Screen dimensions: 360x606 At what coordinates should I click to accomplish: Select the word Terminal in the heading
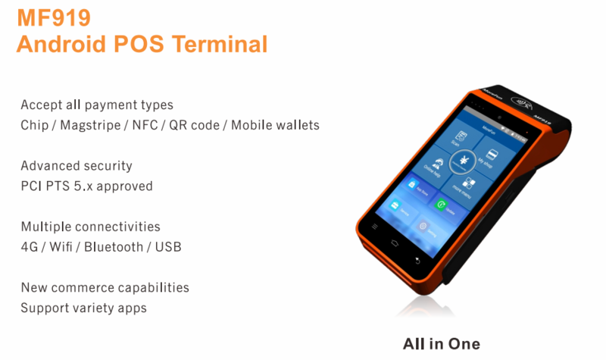pos(220,44)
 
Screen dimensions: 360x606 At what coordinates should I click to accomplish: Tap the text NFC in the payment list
pos(144,125)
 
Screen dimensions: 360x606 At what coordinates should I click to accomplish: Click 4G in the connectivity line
pos(29,247)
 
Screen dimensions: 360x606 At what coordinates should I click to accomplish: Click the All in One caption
pos(442,343)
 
